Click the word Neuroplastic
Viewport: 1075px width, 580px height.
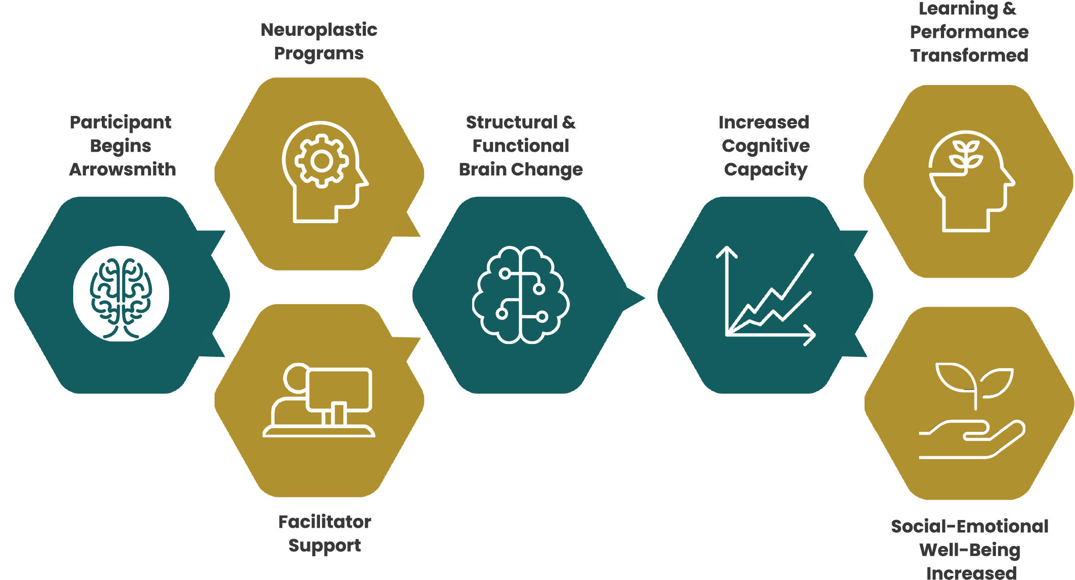click(319, 30)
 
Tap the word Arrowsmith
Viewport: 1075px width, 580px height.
click(122, 170)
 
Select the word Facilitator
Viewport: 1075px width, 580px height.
click(325, 522)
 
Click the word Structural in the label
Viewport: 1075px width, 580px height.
click(511, 122)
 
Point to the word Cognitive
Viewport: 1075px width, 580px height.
click(765, 146)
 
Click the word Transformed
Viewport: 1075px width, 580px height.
click(969, 55)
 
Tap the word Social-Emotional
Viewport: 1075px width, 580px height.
click(970, 526)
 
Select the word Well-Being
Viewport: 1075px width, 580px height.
click(970, 550)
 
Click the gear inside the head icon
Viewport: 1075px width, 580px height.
click(322, 161)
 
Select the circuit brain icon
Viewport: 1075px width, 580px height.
click(521, 295)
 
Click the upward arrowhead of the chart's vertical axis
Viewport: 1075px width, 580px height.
click(727, 251)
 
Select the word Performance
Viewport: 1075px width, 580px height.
click(969, 32)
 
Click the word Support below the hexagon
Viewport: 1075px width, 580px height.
click(325, 545)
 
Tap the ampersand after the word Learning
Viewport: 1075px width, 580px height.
click(1009, 8)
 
